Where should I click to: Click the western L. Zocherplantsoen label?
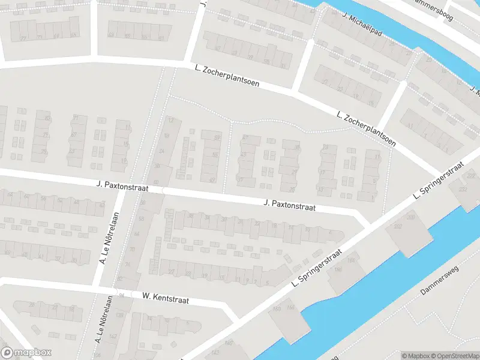(x=227, y=77)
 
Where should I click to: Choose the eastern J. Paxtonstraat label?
(x=290, y=206)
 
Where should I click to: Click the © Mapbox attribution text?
(x=413, y=356)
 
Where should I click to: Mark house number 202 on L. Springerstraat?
(x=398, y=226)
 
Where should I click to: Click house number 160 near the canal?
(x=276, y=309)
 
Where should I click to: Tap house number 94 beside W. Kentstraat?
(x=122, y=295)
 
